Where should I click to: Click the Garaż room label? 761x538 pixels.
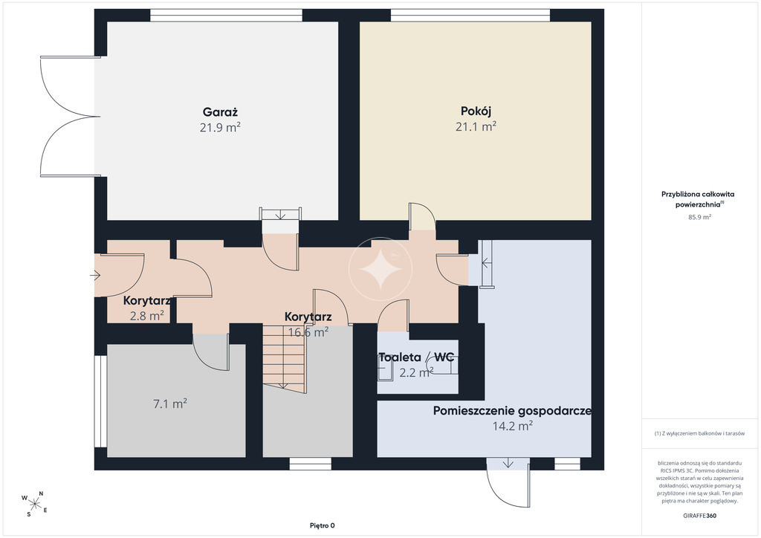coord(220,112)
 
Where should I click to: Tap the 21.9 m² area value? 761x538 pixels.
coord(220,128)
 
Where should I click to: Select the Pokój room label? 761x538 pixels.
coord(476,111)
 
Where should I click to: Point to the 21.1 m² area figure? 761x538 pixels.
coord(476,126)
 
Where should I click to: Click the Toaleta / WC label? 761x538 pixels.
coord(416,357)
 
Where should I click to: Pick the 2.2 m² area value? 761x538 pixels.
coord(416,373)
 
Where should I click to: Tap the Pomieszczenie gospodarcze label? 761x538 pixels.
coord(512,412)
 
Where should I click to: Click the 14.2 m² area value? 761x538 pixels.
coord(513,427)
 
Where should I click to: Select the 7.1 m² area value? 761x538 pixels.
coord(170,403)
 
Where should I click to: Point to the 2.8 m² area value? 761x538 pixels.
coord(146,316)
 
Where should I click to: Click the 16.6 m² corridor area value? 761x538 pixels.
coord(308,332)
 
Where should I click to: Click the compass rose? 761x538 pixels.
coord(35,504)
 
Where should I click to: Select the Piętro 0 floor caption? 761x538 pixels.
coord(323,525)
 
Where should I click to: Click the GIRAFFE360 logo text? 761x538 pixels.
coord(699,516)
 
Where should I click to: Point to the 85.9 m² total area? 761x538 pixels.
coord(699,217)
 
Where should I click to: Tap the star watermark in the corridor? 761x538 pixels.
coord(380,269)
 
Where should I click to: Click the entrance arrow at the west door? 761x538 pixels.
coord(94,276)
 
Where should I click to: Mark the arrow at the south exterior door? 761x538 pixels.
coord(508,463)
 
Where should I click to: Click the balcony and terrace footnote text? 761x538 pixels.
coord(699,433)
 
